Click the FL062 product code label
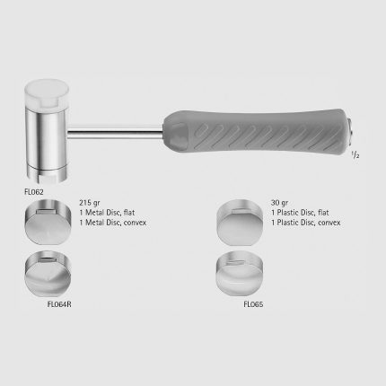pos(34,192)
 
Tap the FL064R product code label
pos(59,304)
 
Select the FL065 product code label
pos(253,304)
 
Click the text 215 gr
pos(90,203)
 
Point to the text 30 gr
pos(279,203)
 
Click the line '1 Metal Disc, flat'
pos(107,213)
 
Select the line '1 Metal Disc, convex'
pos(113,223)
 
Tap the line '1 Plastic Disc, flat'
pos(300,213)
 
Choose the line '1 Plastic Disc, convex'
pos(306,223)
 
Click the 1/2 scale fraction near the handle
pos(355,155)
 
